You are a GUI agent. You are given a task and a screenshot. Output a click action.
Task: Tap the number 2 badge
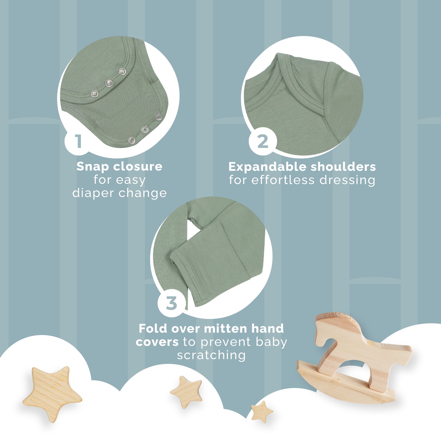262,142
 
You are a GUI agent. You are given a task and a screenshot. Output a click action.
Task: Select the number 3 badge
172,303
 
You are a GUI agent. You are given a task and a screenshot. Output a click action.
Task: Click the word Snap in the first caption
92,167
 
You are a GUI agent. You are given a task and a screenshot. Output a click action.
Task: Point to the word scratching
211,355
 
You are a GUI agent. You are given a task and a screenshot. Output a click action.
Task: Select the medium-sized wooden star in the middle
186,392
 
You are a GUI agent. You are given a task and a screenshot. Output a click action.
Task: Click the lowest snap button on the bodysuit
132,140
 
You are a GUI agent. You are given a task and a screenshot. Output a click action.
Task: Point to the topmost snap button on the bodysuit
122,72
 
